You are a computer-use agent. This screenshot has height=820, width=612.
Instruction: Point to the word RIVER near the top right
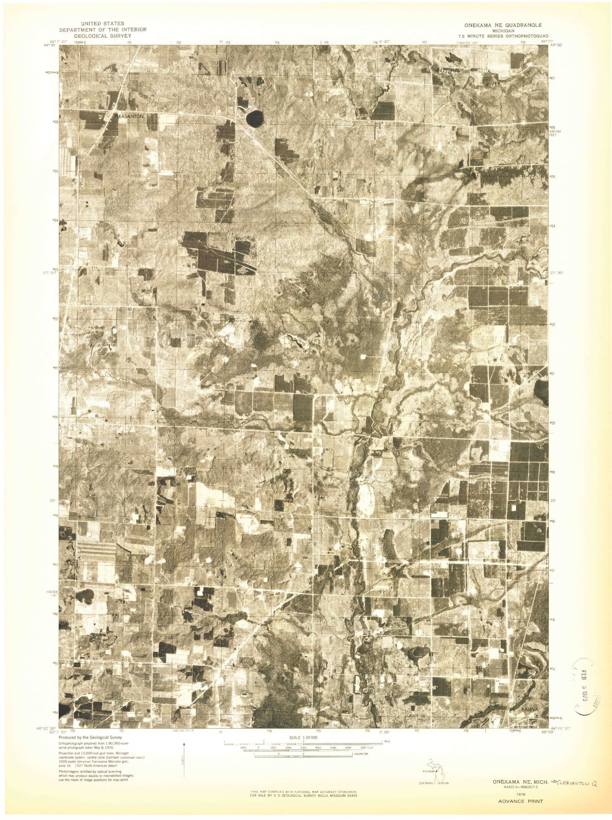click(493, 85)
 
